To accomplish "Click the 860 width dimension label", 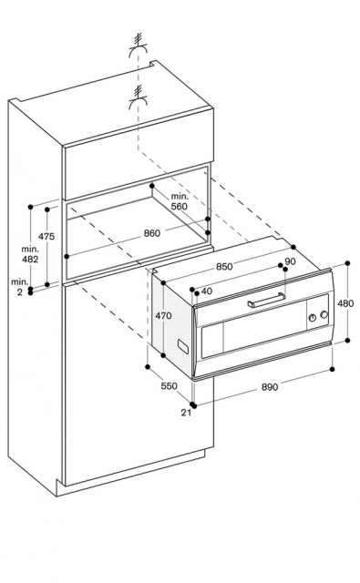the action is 151,233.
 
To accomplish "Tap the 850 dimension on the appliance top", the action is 224,267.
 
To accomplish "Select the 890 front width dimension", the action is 269,387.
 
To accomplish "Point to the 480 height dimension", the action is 345,303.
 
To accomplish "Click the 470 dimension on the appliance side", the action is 163,316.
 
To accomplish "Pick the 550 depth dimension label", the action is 169,386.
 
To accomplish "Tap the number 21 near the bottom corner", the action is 186,413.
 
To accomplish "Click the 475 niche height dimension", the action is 46,236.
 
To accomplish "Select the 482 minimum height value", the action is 30,259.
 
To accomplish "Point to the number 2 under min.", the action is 20,292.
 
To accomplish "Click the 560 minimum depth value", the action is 180,207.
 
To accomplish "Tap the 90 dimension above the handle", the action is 290,261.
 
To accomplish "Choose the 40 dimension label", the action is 207,291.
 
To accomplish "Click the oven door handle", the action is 267,300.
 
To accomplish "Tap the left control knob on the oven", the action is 313,318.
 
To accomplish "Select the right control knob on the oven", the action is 324,314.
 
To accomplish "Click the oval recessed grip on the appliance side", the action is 182,345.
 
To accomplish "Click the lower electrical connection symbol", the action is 138,98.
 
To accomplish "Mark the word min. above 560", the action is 180,197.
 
